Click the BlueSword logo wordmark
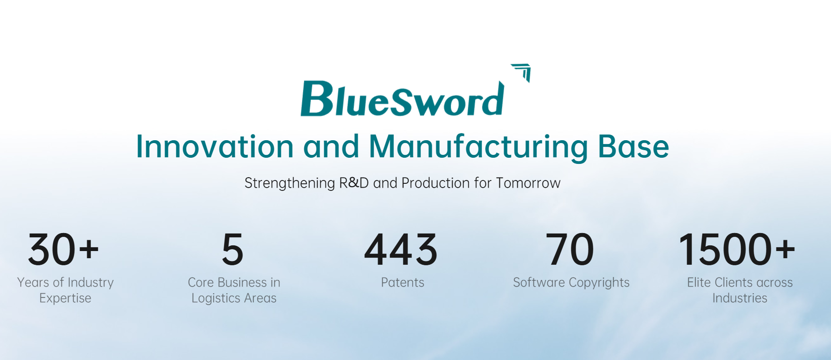pos(402,99)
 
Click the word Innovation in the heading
pos(215,146)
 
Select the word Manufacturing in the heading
pos(479,147)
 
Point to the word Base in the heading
pos(633,146)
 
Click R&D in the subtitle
pos(354,183)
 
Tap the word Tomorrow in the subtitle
pos(528,183)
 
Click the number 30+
pos(63,249)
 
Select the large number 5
pos(233,249)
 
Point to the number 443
pos(401,249)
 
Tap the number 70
pos(570,249)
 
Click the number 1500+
pos(737,249)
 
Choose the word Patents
pos(403,282)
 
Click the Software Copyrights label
pos(571,283)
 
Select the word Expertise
pos(65,298)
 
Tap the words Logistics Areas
pos(234,298)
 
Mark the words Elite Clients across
pos(740,282)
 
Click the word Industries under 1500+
pos(740,298)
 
